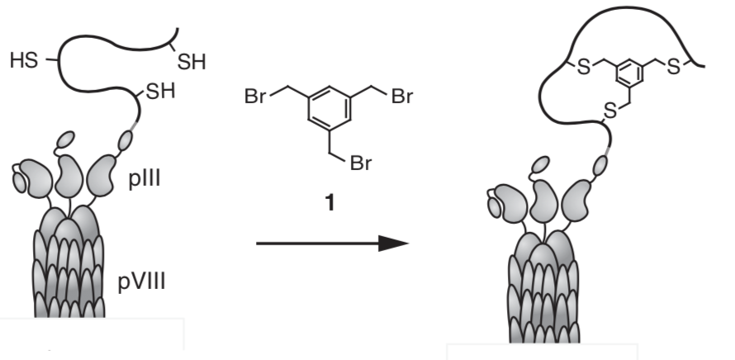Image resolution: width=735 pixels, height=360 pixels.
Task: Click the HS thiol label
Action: [x=23, y=61]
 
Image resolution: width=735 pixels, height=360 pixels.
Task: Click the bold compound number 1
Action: [x=330, y=202]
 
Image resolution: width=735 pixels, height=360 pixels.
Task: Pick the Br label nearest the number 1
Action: [x=361, y=163]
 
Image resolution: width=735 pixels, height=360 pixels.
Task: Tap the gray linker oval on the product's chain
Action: [x=600, y=168]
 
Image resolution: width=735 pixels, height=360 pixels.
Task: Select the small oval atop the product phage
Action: [x=542, y=163]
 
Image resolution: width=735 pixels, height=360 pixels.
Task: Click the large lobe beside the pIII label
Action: [x=102, y=174]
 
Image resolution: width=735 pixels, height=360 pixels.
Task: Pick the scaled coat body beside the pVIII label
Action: [x=69, y=264]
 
